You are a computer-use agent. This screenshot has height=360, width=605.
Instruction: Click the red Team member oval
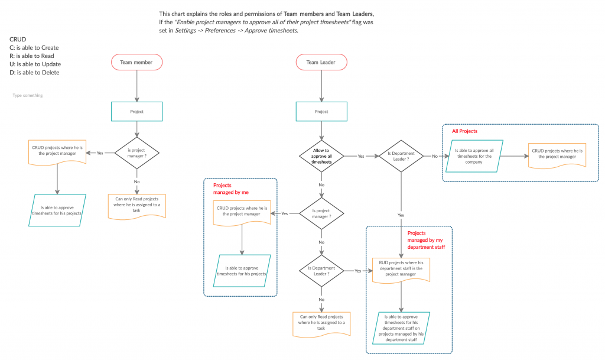(x=136, y=62)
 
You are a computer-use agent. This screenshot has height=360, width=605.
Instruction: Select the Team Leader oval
(x=321, y=62)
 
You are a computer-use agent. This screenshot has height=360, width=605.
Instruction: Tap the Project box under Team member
(x=136, y=111)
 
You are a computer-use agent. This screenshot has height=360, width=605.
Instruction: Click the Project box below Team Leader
(x=321, y=111)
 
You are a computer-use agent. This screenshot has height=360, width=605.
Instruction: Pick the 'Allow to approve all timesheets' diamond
(x=321, y=156)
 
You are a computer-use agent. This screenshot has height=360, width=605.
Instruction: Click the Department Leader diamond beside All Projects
(x=401, y=156)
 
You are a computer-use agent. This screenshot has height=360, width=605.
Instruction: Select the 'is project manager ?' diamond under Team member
(x=136, y=153)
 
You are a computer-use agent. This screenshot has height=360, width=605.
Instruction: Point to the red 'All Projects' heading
(x=464, y=131)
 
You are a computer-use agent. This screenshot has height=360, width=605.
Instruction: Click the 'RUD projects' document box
(x=401, y=269)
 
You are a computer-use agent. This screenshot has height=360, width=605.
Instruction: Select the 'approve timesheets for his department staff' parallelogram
(x=401, y=328)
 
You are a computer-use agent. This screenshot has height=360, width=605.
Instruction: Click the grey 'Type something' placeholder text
(x=27, y=95)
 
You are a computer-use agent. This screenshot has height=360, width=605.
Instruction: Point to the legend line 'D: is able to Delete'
(x=34, y=73)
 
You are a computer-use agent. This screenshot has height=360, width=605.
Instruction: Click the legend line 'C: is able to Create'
(x=34, y=48)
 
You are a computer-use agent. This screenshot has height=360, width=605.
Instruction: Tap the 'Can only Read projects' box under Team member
(x=136, y=206)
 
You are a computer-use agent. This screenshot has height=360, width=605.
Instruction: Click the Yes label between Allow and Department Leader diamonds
(x=361, y=157)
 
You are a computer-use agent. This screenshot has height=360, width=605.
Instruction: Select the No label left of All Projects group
(x=435, y=157)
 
